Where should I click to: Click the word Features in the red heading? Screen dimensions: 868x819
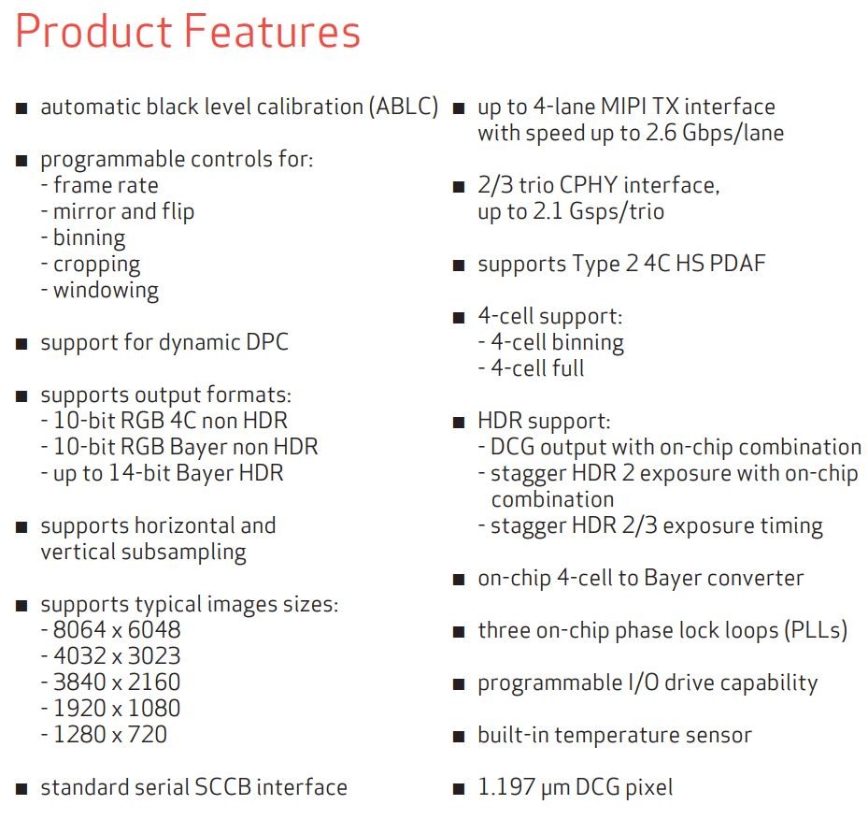272,31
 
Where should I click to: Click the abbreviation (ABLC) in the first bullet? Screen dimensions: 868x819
405,107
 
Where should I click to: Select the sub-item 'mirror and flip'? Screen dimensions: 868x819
123,211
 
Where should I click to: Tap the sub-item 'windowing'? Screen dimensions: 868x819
106,290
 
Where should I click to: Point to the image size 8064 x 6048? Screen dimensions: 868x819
117,629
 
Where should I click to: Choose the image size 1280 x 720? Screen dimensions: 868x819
110,734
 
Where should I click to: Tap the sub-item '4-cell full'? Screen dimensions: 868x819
537,368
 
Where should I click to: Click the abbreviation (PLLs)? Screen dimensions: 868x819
816,630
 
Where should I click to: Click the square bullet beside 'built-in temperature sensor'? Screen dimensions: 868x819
459,737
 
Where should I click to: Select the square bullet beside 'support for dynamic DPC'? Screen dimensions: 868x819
21,344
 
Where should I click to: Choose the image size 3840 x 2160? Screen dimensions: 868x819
117,682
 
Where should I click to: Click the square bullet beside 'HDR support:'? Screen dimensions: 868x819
459,423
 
